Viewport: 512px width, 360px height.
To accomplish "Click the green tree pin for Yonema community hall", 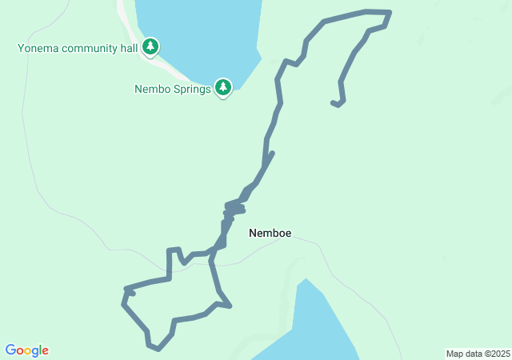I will click(150, 46).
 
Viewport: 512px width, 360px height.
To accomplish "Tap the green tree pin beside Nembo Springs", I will click(223, 86).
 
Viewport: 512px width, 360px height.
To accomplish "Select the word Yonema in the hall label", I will click(38, 48).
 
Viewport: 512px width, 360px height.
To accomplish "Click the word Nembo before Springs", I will click(152, 89).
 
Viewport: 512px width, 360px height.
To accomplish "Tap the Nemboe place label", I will click(270, 234).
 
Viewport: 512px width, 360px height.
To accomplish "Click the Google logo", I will click(27, 350).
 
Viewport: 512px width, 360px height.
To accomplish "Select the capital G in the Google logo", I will click(10, 350).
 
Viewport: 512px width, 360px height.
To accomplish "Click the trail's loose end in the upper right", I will click(334, 102).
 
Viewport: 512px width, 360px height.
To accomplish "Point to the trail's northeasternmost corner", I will click(390, 12).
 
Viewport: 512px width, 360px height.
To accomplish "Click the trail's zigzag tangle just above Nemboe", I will click(233, 210).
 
